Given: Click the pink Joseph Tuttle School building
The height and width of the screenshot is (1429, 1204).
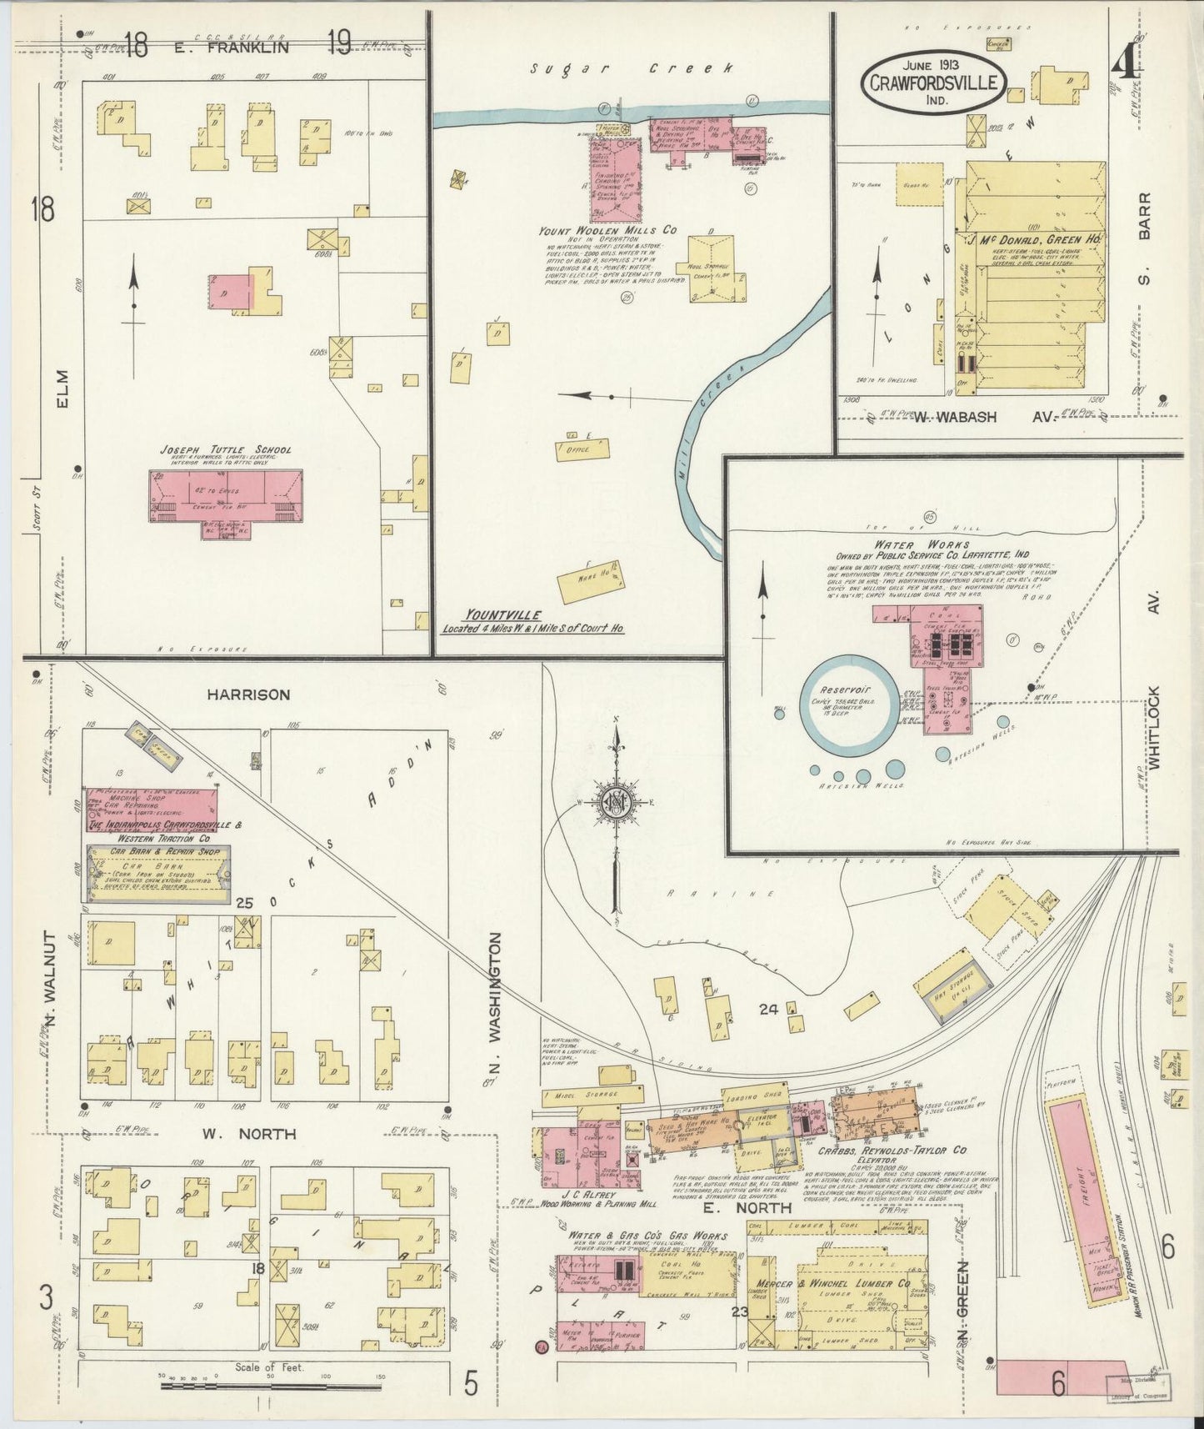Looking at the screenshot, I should [x=225, y=497].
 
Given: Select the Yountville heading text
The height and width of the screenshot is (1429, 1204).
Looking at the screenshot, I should [x=492, y=615].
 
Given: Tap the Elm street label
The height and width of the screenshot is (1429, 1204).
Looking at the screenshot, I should [x=65, y=390].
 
